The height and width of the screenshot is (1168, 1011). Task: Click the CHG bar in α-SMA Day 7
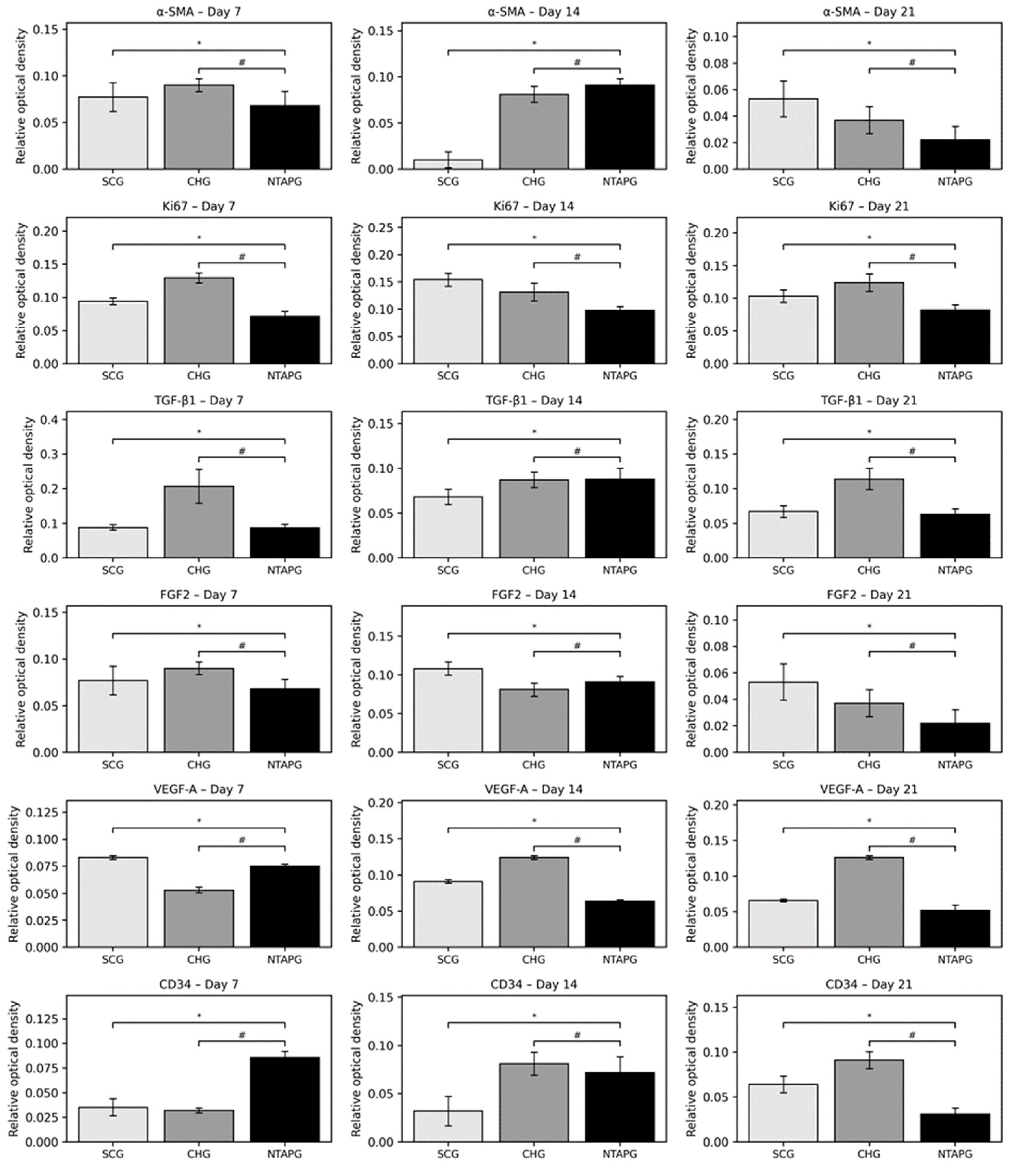pos(198,127)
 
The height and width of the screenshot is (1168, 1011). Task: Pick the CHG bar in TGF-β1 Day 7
pos(198,522)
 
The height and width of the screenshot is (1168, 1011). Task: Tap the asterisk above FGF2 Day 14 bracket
pos(534,626)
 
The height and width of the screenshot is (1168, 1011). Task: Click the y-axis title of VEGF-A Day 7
pos(14,873)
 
